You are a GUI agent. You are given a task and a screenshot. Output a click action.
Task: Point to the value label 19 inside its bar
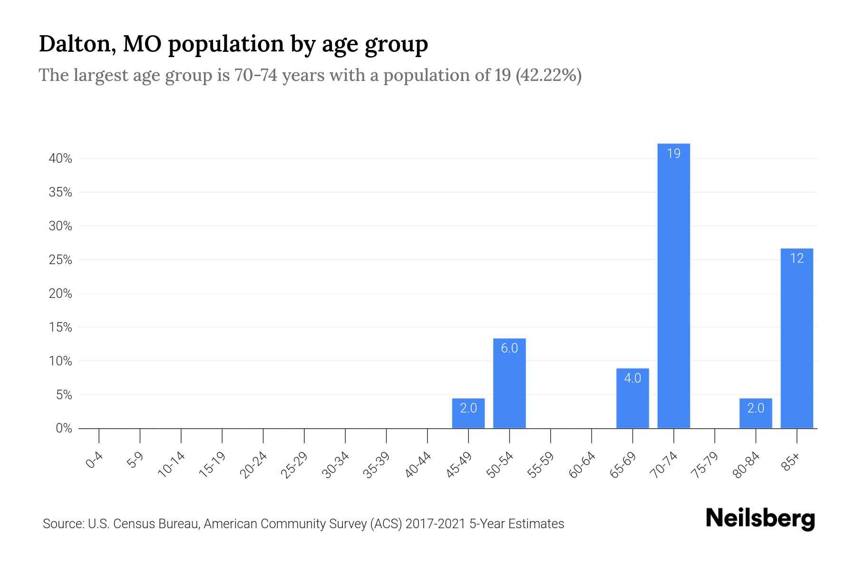click(x=673, y=154)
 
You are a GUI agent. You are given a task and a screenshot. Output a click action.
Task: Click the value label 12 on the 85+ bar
click(x=797, y=258)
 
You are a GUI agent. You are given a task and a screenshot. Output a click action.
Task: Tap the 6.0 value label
click(x=509, y=348)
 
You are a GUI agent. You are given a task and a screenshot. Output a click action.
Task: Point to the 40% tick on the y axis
click(x=60, y=158)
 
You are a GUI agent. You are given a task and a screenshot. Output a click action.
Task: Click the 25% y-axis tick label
click(x=60, y=260)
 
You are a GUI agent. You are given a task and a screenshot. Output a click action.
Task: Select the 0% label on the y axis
click(x=64, y=428)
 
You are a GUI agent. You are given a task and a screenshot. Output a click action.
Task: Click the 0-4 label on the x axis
click(x=94, y=461)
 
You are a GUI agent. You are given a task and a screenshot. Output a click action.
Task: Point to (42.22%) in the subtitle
click(x=548, y=75)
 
